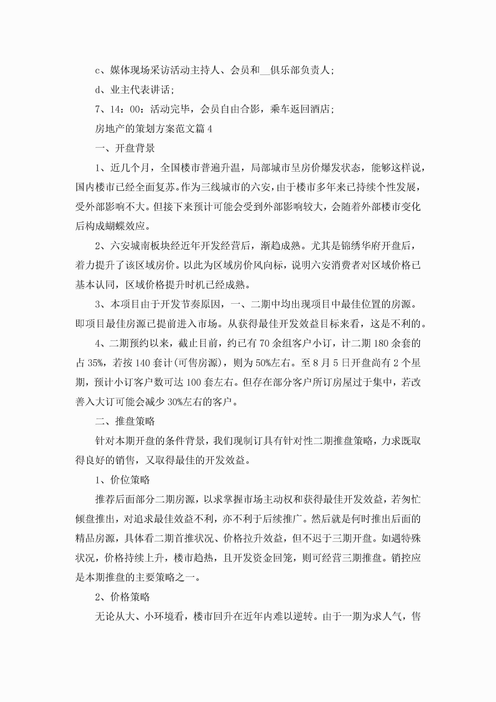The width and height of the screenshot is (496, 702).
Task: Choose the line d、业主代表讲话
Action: (x=134, y=90)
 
